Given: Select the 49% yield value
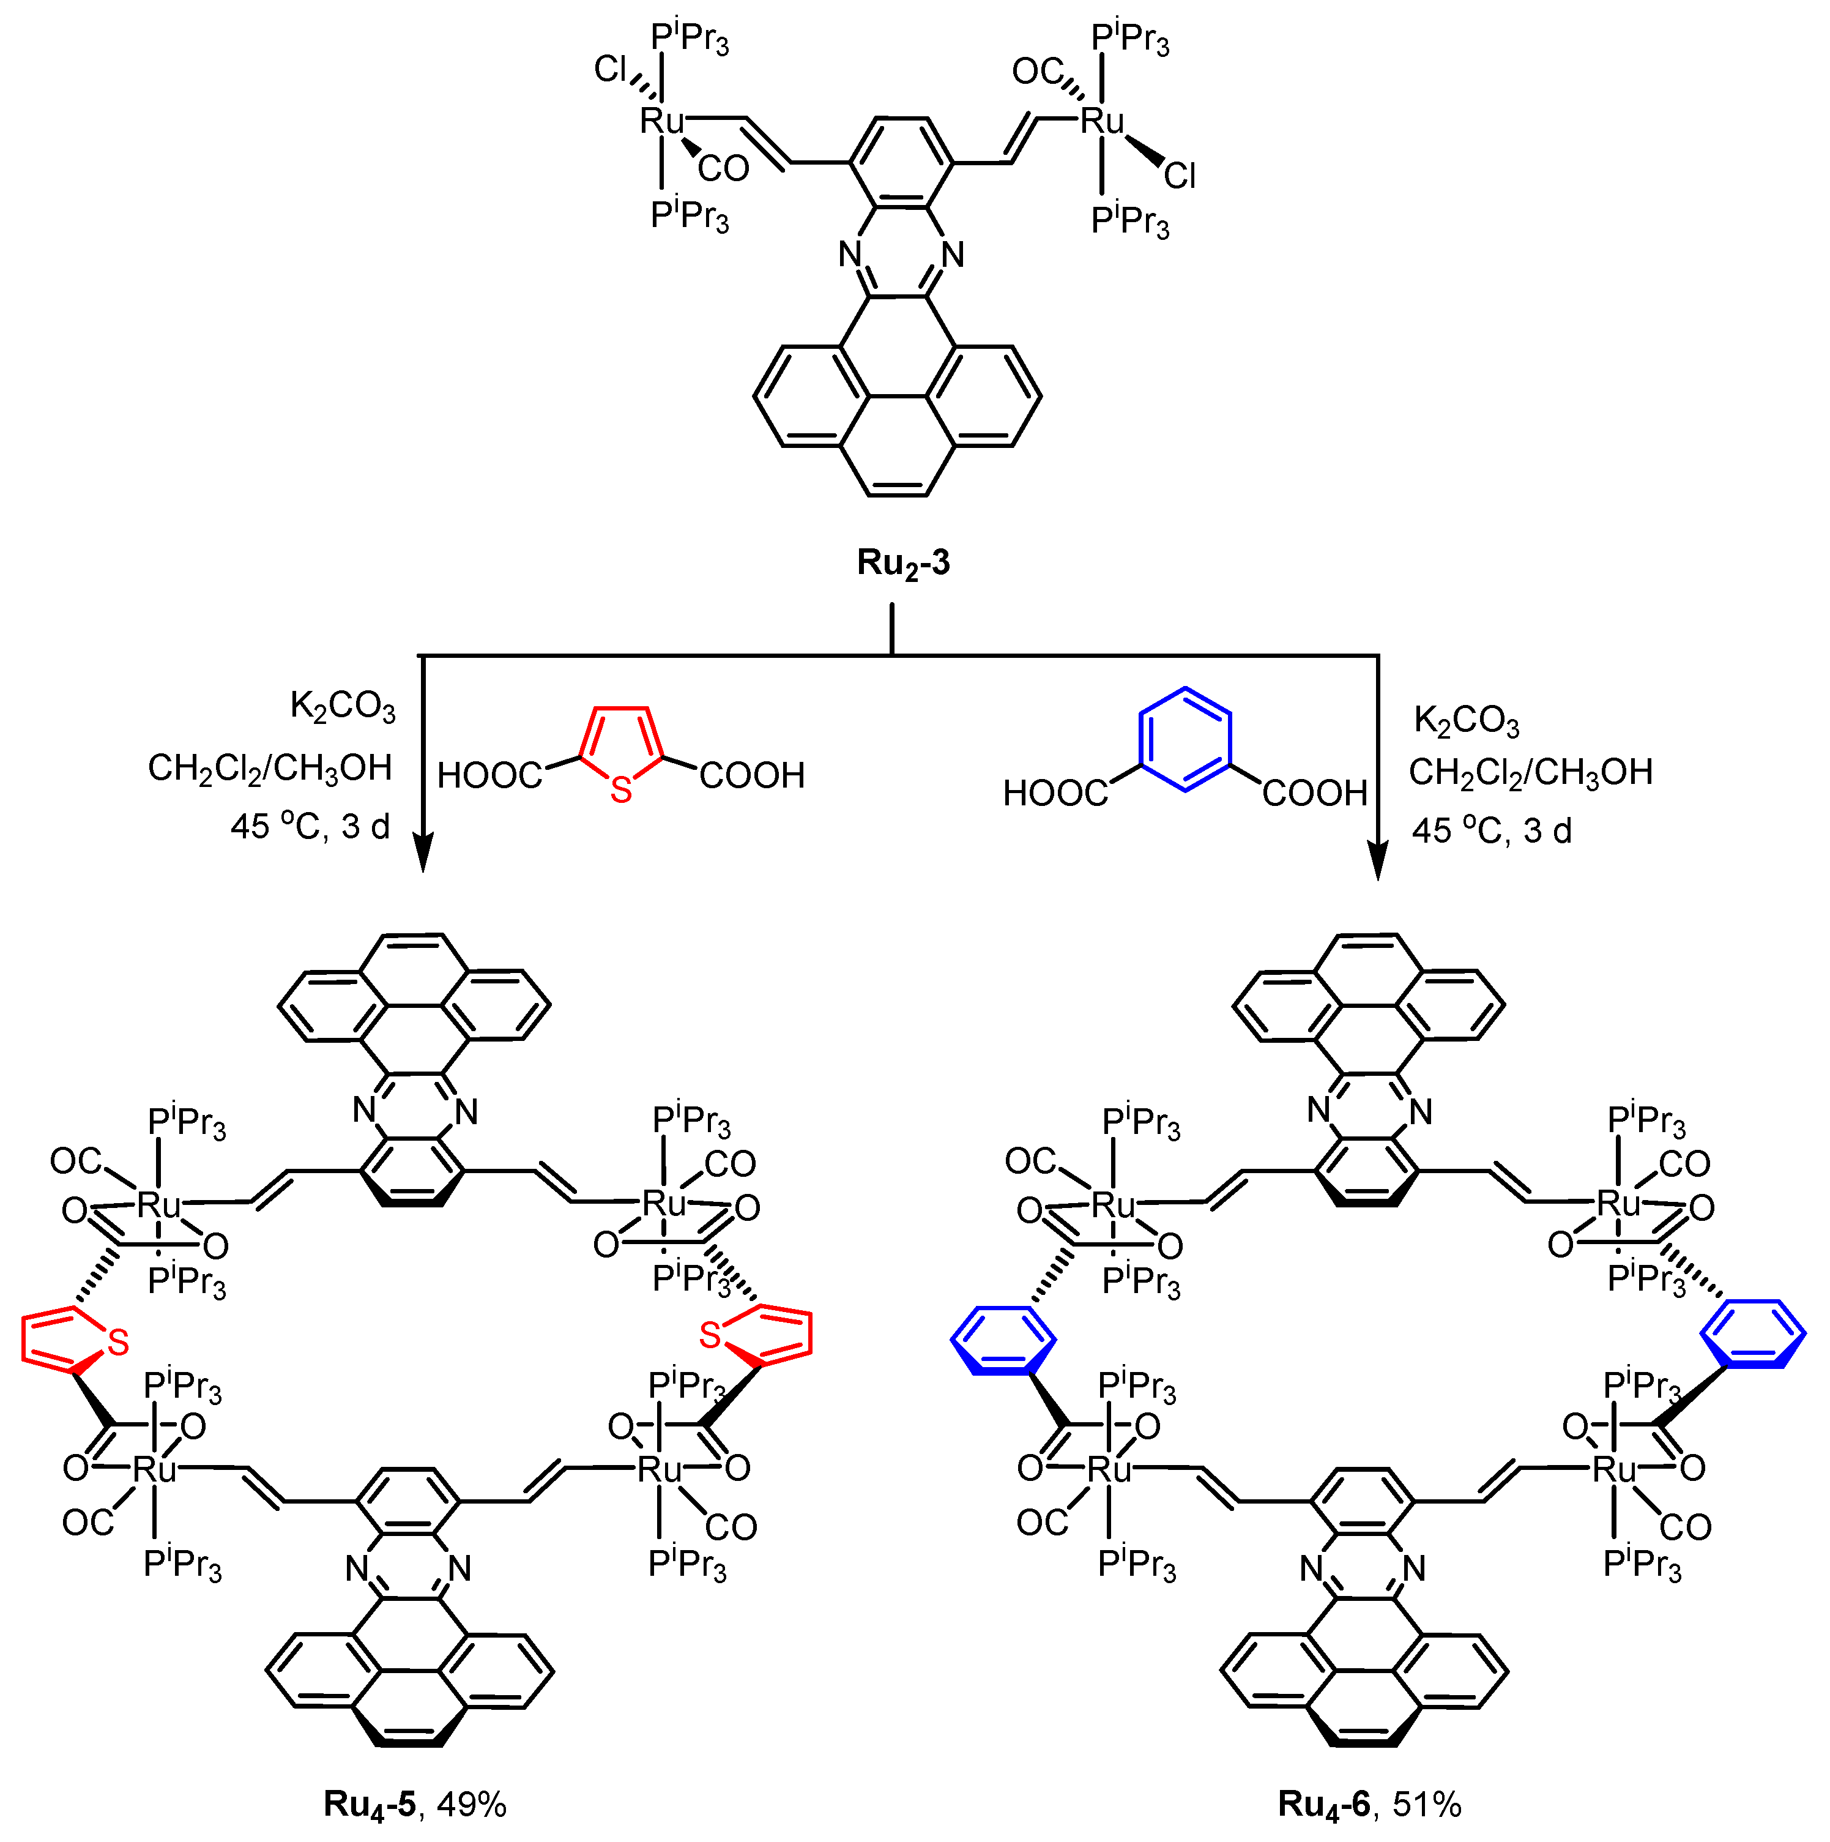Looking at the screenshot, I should tap(472, 1804).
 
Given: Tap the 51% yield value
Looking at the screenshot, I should tap(1427, 1804).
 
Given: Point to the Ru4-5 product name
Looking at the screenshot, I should tap(370, 1804).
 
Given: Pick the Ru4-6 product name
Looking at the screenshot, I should tap(1324, 1804).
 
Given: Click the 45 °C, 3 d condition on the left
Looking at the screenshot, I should tap(311, 826).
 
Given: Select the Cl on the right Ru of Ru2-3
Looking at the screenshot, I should tap(1180, 176).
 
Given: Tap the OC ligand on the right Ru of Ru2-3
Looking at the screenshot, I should tap(1037, 72).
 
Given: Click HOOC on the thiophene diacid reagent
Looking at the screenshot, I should tap(489, 776).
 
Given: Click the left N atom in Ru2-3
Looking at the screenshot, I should tap(850, 255).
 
